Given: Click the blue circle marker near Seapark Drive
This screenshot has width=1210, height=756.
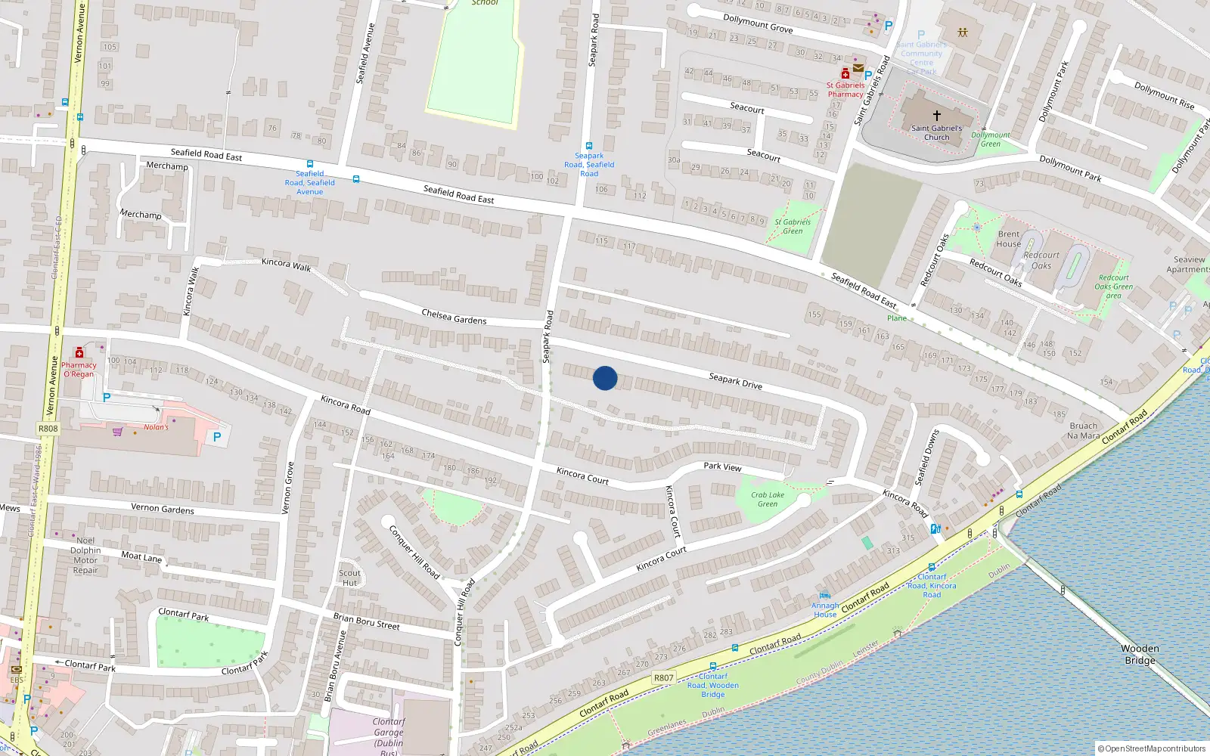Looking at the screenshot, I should tap(605, 378).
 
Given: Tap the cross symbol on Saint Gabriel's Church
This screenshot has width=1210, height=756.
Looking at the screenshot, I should tap(936, 116).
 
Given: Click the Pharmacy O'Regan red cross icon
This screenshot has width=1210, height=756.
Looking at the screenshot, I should tap(79, 353).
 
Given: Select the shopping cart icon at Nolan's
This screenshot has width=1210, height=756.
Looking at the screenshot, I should tap(117, 432).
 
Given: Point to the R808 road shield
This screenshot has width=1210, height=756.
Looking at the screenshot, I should tap(48, 429).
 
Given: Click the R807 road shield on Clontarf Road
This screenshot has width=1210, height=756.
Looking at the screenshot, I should tap(663, 678).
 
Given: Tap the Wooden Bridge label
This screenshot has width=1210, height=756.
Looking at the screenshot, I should tap(1140, 655).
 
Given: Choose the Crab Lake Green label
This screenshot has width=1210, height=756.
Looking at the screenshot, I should tap(768, 500).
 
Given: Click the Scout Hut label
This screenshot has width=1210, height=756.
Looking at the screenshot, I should tap(349, 578).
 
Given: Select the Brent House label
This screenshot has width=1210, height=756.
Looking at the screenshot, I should tap(1008, 239).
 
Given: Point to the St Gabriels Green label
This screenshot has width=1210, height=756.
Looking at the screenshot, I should tap(793, 226).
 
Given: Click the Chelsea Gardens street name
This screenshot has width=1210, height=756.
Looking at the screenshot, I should tap(454, 317).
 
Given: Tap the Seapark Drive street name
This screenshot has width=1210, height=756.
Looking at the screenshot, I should tap(735, 381).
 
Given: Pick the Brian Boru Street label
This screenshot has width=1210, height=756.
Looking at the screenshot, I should tap(367, 621).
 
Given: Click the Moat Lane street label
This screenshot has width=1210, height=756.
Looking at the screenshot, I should tap(141, 556).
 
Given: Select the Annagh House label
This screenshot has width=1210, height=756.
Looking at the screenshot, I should tap(825, 610).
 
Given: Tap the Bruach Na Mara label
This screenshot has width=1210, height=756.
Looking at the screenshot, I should tap(1083, 431).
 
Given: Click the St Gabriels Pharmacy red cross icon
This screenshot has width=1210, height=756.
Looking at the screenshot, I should tap(845, 74).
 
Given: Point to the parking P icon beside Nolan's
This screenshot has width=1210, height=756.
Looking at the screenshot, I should tap(217, 437).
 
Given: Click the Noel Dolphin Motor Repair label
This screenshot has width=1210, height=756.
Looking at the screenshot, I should tap(85, 556).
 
